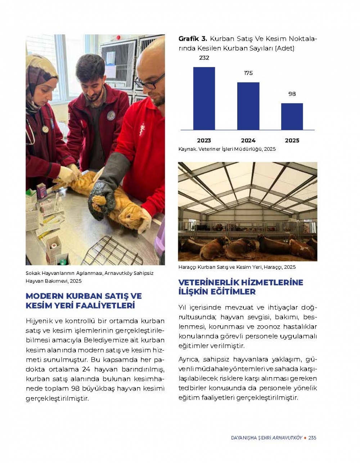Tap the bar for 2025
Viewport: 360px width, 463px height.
292,116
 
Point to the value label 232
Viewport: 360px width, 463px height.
204,58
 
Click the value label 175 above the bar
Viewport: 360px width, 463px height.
248,73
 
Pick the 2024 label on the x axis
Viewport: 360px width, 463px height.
248,141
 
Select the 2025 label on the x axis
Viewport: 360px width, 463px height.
292,141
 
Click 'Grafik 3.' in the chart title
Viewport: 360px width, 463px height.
193,39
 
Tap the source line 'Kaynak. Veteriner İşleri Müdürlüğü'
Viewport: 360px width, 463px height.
227,149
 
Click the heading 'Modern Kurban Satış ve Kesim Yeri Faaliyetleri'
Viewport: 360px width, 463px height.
84,301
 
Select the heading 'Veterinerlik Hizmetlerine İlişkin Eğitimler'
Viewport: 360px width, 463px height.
240,287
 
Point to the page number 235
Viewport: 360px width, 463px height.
312,438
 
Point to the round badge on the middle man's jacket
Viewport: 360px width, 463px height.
111,115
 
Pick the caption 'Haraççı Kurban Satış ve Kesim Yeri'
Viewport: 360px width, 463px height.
237,267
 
